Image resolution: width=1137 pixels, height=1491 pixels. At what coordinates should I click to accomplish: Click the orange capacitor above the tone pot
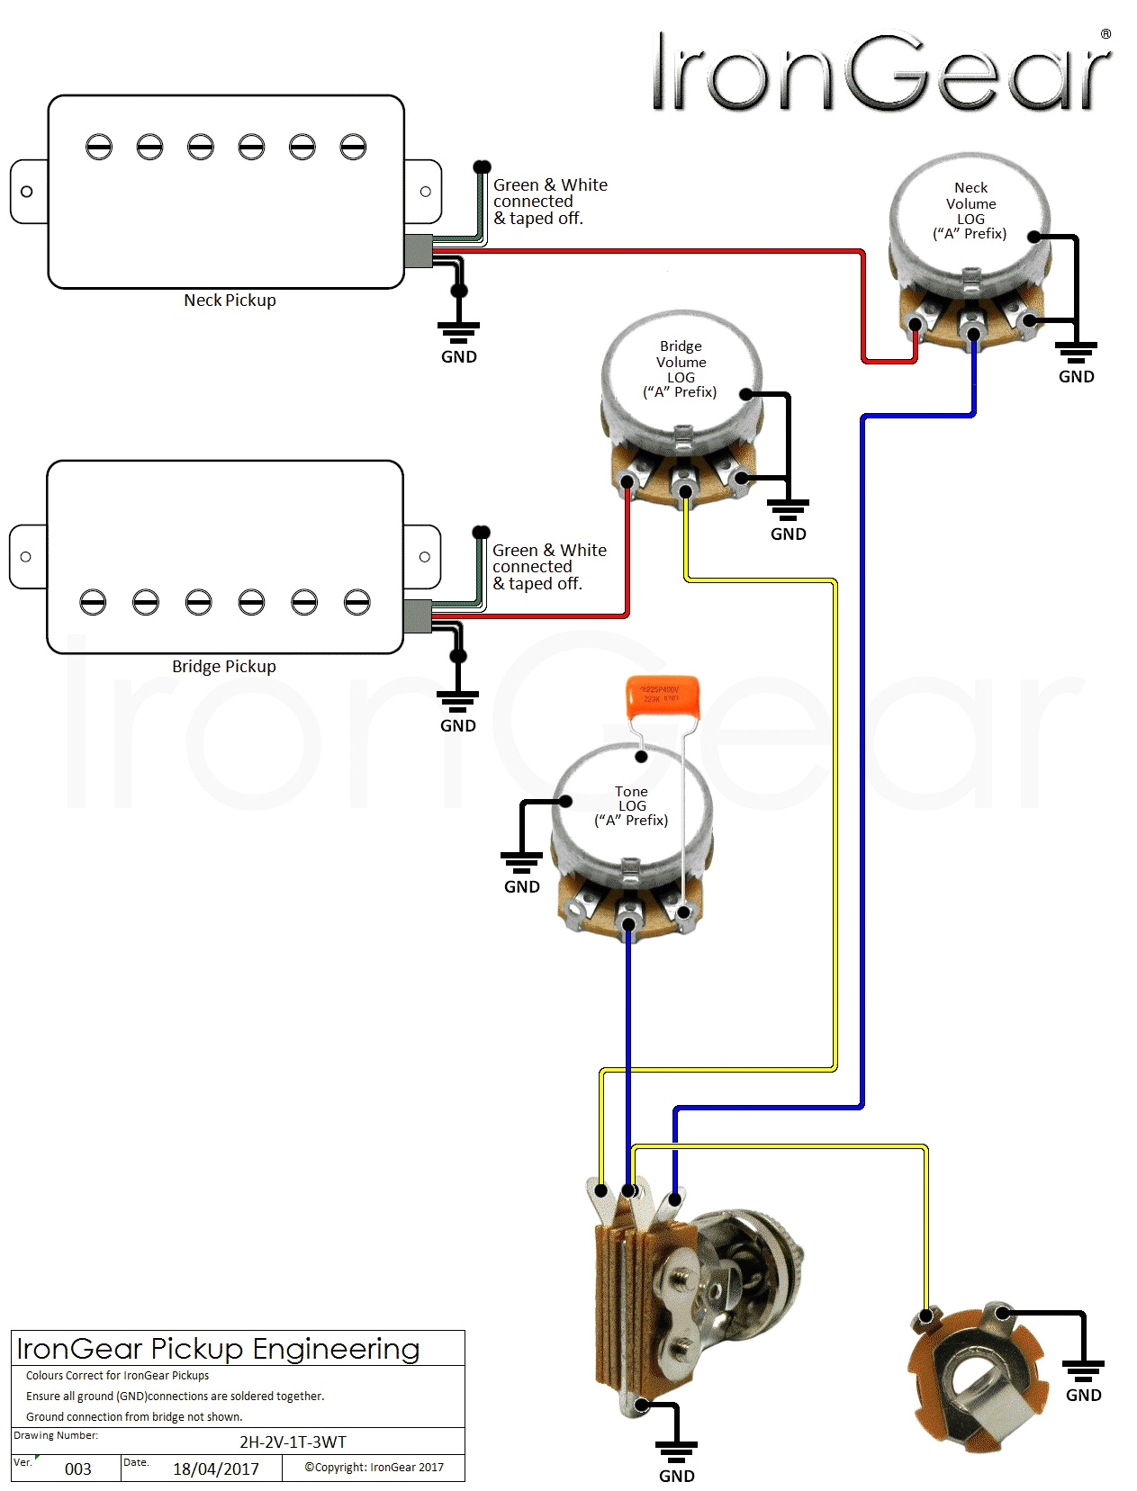(662, 698)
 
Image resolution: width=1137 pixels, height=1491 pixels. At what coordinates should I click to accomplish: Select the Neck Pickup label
(230, 301)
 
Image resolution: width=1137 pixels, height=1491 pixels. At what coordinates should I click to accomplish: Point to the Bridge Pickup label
(224, 667)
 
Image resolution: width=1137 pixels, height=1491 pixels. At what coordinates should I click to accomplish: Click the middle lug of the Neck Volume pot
(973, 333)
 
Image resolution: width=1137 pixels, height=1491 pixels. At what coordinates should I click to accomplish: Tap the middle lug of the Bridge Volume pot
(685, 491)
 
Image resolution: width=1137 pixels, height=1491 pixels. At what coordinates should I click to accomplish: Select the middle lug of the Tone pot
(628, 923)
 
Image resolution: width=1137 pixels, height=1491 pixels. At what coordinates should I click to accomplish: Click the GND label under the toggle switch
(677, 1476)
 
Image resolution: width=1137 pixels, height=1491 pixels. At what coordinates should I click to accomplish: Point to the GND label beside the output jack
(1083, 1395)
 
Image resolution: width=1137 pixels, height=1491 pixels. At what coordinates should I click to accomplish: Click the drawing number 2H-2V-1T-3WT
(293, 1442)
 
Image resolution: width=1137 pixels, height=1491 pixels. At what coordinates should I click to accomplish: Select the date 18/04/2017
(216, 1469)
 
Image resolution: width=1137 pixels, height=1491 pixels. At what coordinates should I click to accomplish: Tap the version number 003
(78, 1469)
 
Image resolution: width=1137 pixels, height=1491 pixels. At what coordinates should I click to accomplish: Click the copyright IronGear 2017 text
(374, 1468)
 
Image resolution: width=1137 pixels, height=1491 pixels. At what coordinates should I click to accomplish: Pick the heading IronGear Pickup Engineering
(218, 1349)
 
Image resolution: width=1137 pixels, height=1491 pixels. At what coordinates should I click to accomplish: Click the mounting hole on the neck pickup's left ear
(27, 192)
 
